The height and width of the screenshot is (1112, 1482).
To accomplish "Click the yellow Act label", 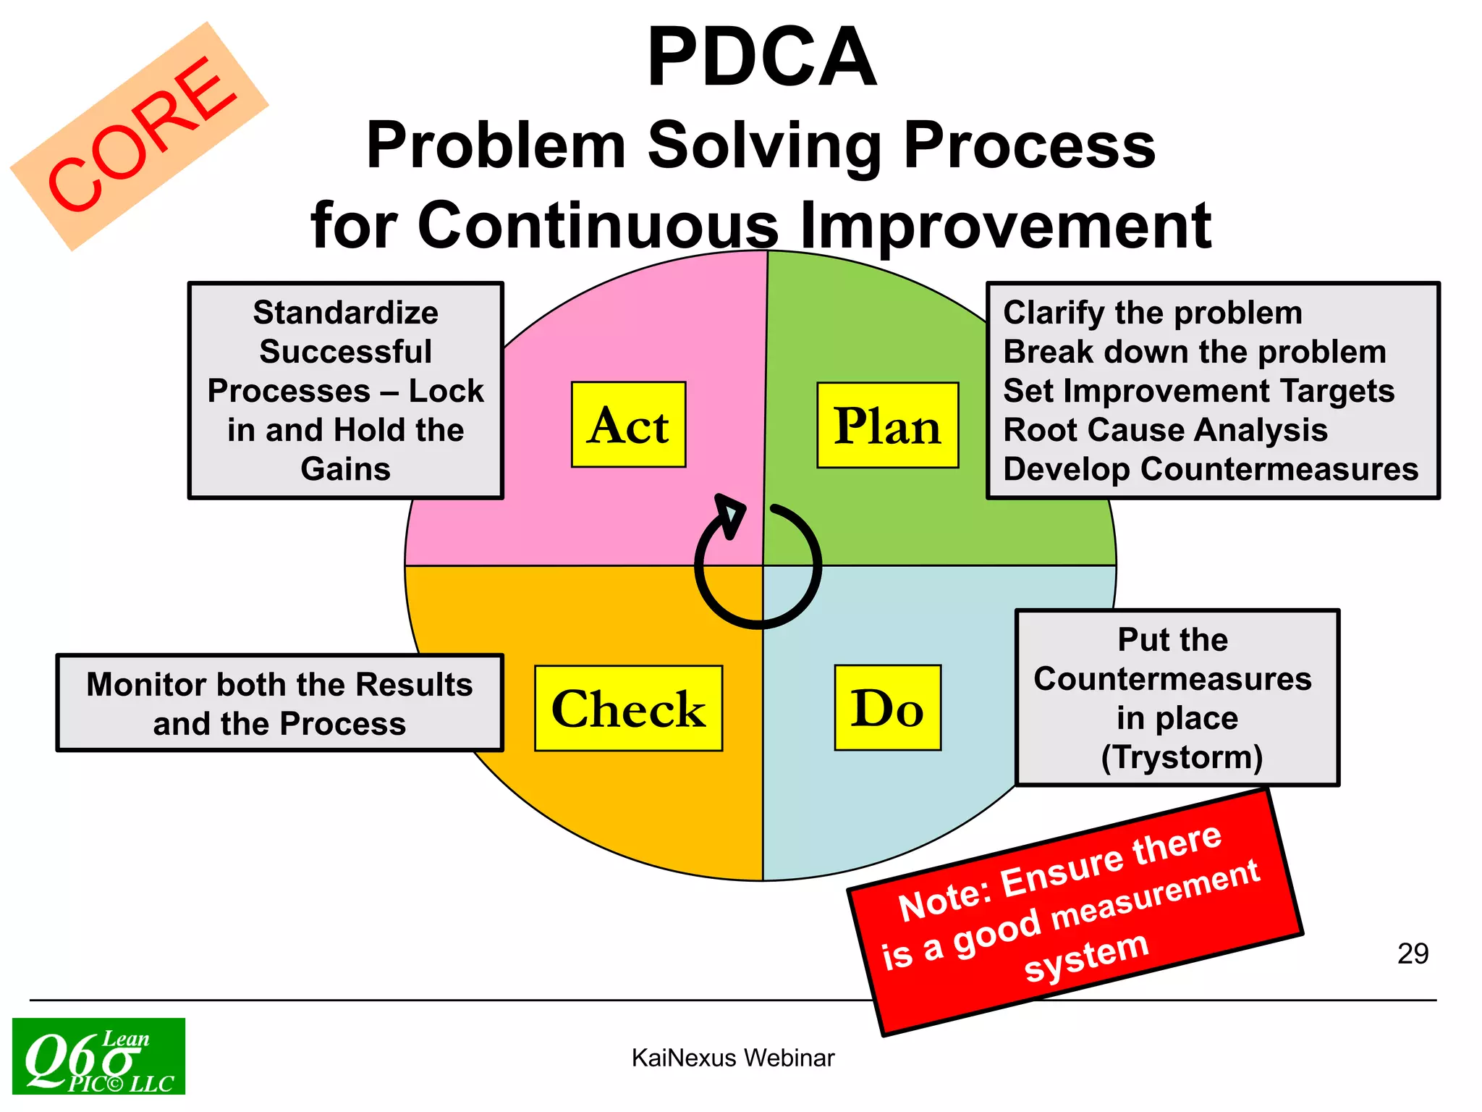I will tap(628, 425).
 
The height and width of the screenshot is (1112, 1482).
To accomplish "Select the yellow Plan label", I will tap(887, 426).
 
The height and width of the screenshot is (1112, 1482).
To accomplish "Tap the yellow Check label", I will tap(628, 708).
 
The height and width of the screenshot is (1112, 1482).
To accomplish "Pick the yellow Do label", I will tap(887, 708).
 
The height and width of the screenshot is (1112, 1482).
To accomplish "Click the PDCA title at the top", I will tap(761, 58).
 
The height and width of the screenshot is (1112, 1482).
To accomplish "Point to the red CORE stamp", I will tap(141, 135).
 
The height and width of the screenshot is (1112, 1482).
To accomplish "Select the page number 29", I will tap(1413, 953).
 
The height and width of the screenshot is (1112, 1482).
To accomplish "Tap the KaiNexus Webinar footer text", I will tap(732, 1058).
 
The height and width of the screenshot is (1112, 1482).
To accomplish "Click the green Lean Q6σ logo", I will tap(98, 1056).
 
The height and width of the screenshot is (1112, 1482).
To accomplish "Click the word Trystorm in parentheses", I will tap(1182, 757).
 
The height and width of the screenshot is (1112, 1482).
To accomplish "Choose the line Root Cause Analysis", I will tap(1165, 430).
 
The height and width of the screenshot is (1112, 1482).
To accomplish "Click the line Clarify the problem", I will tap(1152, 313).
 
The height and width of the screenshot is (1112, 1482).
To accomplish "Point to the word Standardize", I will tap(345, 313).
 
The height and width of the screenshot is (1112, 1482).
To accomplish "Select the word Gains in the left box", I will tap(345, 469).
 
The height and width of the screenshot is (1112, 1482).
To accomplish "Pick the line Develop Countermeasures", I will tap(1210, 469).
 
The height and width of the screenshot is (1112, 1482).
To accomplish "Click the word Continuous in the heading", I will tap(598, 225).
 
